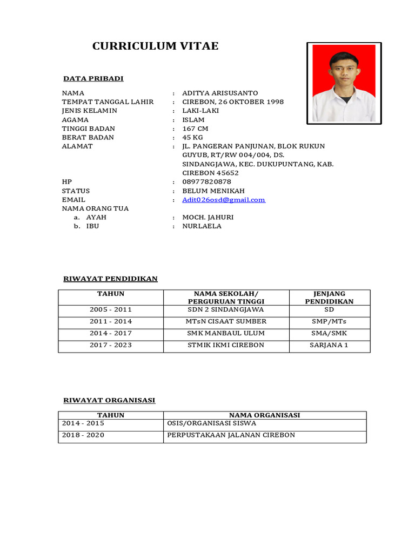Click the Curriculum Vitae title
point(156,46)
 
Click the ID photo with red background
point(344,83)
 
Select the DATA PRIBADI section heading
point(93,79)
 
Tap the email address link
point(224,200)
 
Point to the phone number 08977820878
point(207,182)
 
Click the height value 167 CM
point(195,129)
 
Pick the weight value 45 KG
point(193,138)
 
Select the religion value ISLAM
point(193,120)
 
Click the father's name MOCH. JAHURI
point(208,217)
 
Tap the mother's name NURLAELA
point(202,226)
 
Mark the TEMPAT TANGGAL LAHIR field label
point(108,102)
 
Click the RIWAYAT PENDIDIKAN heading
point(110,279)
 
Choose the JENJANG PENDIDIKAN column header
point(329,298)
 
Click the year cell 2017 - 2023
point(111,345)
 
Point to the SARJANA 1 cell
point(329,345)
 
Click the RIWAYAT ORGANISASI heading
point(109,400)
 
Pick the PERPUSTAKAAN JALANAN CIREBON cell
point(231,435)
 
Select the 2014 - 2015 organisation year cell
point(83,424)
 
